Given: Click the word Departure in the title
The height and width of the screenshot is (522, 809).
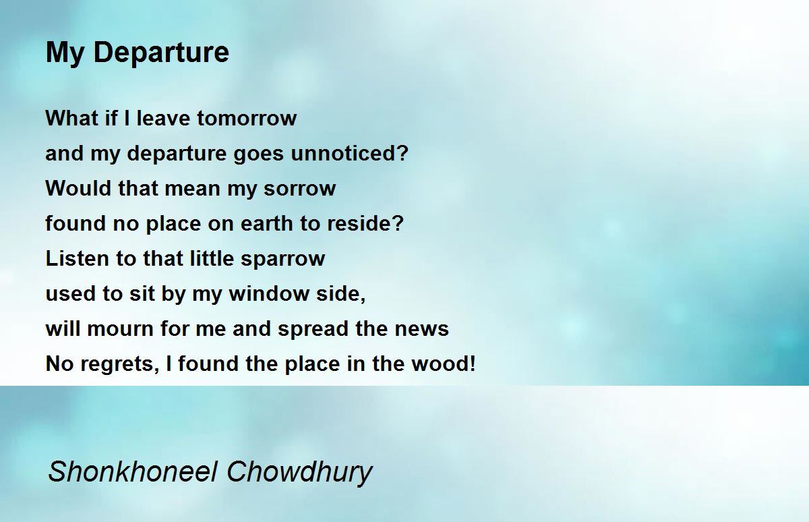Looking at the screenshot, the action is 161,53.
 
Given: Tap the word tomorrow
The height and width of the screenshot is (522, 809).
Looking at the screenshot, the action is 247,118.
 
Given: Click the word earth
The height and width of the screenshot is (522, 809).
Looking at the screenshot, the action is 267,223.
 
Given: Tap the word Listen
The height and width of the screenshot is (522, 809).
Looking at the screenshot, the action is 78,258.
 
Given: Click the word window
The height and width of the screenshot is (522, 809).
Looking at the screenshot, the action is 269,293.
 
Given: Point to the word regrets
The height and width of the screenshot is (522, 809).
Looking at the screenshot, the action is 119,364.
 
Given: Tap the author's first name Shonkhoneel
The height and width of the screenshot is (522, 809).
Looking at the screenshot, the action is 133,471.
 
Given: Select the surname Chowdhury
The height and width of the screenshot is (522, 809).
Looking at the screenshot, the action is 299,473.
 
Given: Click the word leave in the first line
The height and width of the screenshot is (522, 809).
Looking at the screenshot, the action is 163,118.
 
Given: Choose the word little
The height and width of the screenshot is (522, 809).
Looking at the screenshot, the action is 212,258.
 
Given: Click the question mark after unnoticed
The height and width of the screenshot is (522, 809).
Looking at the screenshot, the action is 403,153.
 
